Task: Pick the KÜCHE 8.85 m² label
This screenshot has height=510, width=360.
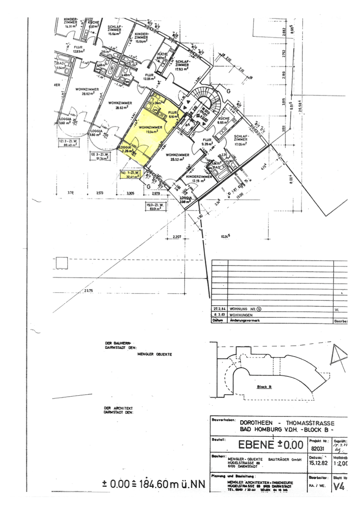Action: click(x=224, y=119)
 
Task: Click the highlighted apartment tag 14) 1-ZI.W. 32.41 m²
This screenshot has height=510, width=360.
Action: click(x=132, y=175)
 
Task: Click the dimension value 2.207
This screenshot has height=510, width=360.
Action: click(x=177, y=236)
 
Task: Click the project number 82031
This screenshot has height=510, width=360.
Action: click(x=318, y=449)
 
